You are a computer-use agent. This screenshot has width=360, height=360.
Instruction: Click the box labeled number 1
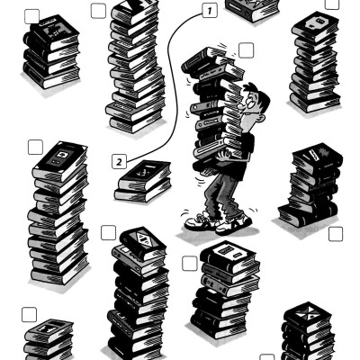pyautogui.click(x=210, y=11)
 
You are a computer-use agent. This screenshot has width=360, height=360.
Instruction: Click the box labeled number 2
pyautogui.click(x=119, y=162)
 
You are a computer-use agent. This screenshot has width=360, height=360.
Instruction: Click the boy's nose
pyautogui.click(x=240, y=106)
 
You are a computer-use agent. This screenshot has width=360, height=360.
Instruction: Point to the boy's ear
pyautogui.click(x=262, y=118)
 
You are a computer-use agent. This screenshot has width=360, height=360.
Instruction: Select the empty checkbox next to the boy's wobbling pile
pyautogui.click(x=247, y=50)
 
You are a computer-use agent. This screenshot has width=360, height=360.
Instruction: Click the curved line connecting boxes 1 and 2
pyautogui.click(x=170, y=81)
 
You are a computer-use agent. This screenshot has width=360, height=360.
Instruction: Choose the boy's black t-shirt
pyautogui.click(x=245, y=156)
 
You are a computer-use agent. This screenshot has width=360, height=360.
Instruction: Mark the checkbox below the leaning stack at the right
pyautogui.click(x=336, y=234)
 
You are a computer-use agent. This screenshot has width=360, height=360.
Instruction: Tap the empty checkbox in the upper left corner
pyautogui.click(x=31, y=16)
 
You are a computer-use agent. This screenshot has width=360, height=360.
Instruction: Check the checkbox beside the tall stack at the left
pyautogui.click(x=35, y=147)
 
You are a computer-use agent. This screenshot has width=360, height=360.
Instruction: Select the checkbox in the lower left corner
pyautogui.click(x=29, y=315)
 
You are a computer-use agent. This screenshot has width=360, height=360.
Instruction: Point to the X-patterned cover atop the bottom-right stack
pyautogui.click(x=307, y=313)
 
